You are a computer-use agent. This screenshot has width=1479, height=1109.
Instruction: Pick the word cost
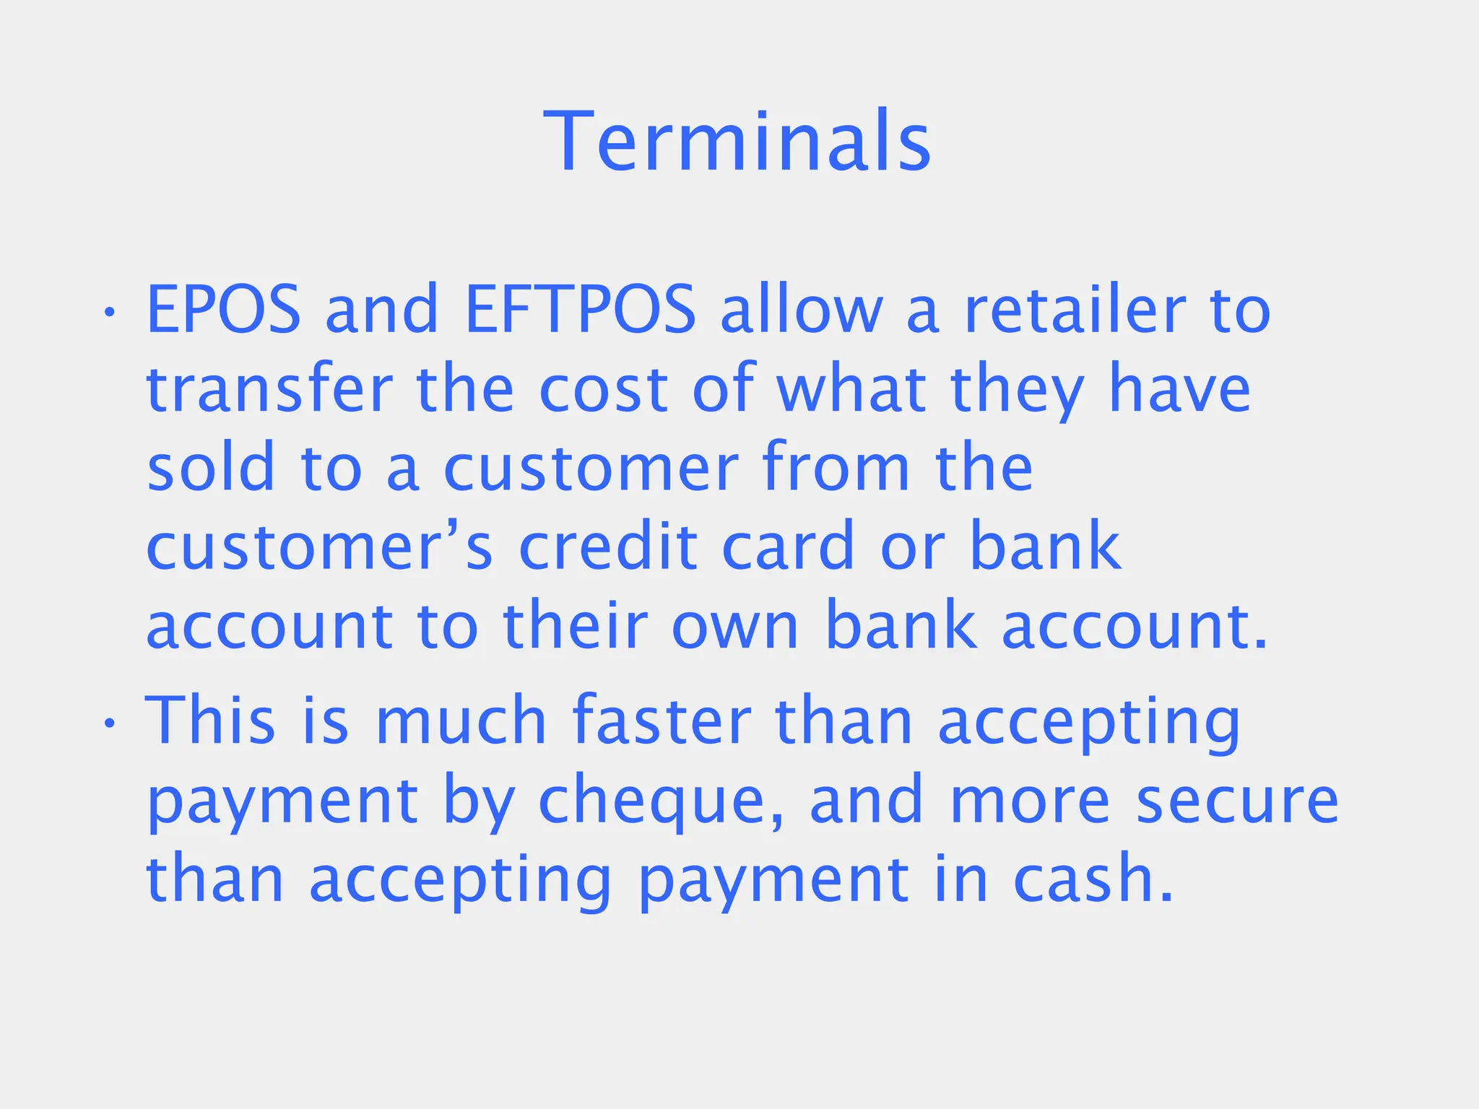tap(603, 390)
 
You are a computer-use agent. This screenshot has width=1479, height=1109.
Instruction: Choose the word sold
tap(211, 467)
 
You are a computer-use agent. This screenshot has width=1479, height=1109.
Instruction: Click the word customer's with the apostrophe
tap(319, 547)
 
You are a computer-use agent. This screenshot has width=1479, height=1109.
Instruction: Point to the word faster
tap(662, 720)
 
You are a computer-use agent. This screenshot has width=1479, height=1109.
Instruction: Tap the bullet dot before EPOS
tap(109, 313)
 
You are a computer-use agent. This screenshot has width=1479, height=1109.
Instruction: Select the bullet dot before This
tap(109, 723)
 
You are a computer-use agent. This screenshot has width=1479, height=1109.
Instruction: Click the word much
tap(461, 720)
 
